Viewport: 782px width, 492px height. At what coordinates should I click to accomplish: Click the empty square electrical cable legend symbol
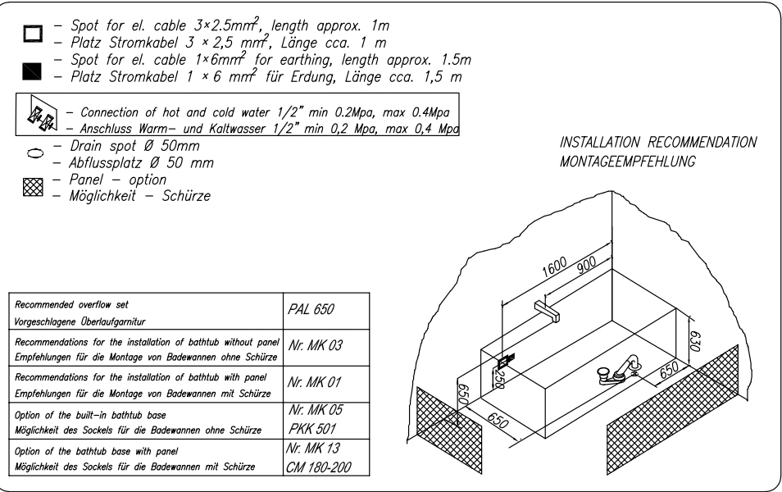click(33, 34)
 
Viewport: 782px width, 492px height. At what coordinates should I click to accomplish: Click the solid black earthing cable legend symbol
click(32, 71)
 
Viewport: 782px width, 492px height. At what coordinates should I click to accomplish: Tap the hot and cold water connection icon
click(41, 113)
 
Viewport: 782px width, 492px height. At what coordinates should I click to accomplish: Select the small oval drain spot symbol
click(35, 153)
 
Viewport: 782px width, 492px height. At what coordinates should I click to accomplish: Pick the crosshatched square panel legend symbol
click(33, 187)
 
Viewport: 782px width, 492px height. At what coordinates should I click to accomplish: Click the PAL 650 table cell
click(326, 311)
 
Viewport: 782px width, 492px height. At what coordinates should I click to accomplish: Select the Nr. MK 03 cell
click(326, 348)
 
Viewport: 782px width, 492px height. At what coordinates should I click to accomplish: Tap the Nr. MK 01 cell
click(326, 385)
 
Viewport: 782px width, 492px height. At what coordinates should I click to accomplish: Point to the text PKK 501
click(312, 429)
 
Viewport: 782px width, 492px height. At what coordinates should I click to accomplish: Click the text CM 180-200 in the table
click(319, 467)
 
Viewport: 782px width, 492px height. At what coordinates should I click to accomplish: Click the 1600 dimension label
click(555, 266)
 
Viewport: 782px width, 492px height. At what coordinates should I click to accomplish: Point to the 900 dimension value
click(587, 264)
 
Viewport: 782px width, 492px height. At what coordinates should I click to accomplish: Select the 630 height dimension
click(696, 341)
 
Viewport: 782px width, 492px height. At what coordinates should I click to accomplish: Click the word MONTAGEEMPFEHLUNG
click(627, 162)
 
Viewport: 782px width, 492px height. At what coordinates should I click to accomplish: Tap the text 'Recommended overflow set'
click(71, 304)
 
